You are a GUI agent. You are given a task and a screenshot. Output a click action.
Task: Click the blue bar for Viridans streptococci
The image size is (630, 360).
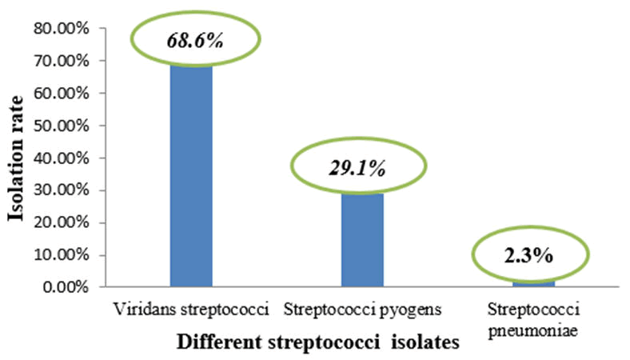[x=191, y=176]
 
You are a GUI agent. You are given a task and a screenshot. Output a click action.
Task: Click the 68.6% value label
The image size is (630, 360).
[x=194, y=40]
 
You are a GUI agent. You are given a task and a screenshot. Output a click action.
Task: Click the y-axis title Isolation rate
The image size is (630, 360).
[x=17, y=158]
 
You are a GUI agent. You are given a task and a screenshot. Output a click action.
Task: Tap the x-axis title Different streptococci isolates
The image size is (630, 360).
[x=318, y=343]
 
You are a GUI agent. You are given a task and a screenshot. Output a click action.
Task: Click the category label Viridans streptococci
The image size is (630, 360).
[x=190, y=309]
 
